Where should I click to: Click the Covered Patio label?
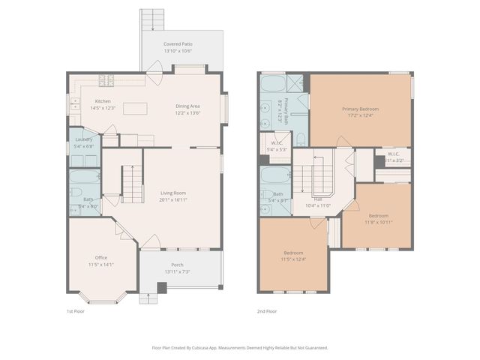178,44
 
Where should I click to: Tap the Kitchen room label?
103,101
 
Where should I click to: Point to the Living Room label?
173,193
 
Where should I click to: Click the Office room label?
100,257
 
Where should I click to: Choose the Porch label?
177,264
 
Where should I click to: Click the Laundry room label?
84,139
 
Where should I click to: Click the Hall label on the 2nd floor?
318,199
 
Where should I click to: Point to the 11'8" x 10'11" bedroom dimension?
379,222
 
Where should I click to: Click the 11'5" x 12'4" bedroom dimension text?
293,259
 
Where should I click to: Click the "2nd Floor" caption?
267,311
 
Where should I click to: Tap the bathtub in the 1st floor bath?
84,178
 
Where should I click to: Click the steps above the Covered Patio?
152,19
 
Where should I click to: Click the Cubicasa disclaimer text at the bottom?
240,347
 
